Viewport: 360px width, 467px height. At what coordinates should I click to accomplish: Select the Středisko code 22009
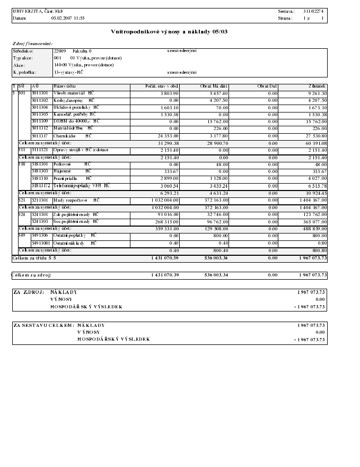pyautogui.click(x=59, y=51)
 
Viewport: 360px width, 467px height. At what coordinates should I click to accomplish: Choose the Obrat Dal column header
pyautogui.click(x=267, y=86)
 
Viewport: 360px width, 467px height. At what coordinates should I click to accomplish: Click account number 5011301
pyautogui.click(x=40, y=93)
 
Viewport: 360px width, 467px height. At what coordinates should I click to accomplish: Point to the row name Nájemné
pyautogui.click(x=63, y=171)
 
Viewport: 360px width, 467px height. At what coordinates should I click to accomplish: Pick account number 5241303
pyautogui.click(x=40, y=221)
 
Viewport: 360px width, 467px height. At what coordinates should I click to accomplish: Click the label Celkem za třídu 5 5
pyautogui.click(x=34, y=257)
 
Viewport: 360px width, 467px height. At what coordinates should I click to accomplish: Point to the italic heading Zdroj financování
pyautogui.click(x=32, y=43)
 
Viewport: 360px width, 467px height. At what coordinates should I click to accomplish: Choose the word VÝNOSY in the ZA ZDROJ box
pyautogui.click(x=62, y=299)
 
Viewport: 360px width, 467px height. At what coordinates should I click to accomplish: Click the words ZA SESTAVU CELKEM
pyautogui.click(x=43, y=325)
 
